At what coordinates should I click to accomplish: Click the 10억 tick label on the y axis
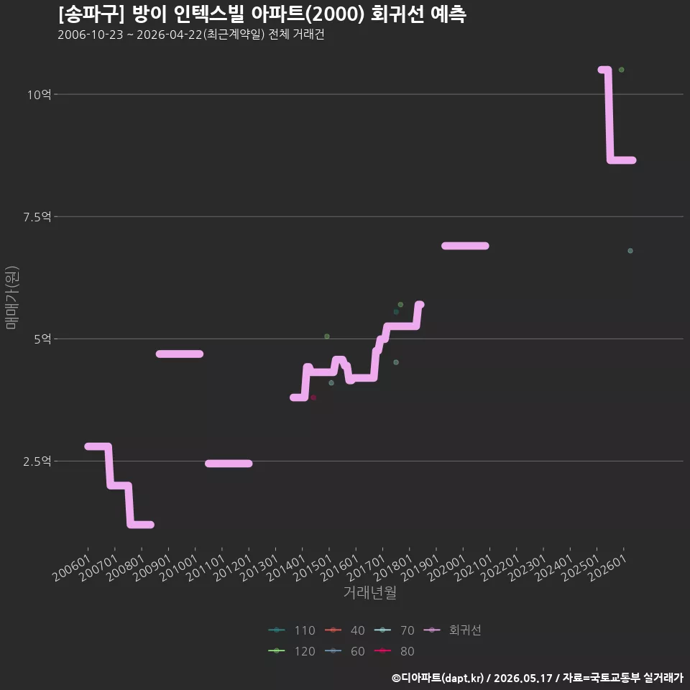click(x=39, y=95)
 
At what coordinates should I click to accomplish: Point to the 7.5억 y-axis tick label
click(x=37, y=217)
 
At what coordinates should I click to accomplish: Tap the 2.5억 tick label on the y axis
click(x=37, y=461)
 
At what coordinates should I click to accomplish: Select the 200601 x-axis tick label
click(x=72, y=568)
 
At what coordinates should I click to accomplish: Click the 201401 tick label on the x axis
click(x=287, y=568)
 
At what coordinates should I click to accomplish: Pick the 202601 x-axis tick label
click(x=608, y=568)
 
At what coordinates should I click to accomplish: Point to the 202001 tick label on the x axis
click(x=447, y=568)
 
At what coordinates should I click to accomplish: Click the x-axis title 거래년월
click(x=369, y=592)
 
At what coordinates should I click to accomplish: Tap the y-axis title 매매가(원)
click(x=11, y=298)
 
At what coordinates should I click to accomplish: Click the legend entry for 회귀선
click(x=452, y=630)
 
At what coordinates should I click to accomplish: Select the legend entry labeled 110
click(x=292, y=630)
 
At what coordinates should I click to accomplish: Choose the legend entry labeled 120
click(x=292, y=651)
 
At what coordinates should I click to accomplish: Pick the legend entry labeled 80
click(x=395, y=651)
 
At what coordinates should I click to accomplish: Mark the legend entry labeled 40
click(x=344, y=630)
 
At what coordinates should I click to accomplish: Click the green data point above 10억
click(x=621, y=70)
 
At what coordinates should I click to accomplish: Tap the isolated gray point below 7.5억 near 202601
click(x=630, y=251)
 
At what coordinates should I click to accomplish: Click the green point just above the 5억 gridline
click(x=327, y=336)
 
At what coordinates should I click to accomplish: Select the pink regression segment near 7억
click(x=465, y=246)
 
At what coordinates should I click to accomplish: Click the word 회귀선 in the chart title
click(x=397, y=14)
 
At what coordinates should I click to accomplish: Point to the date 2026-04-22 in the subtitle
click(x=170, y=34)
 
